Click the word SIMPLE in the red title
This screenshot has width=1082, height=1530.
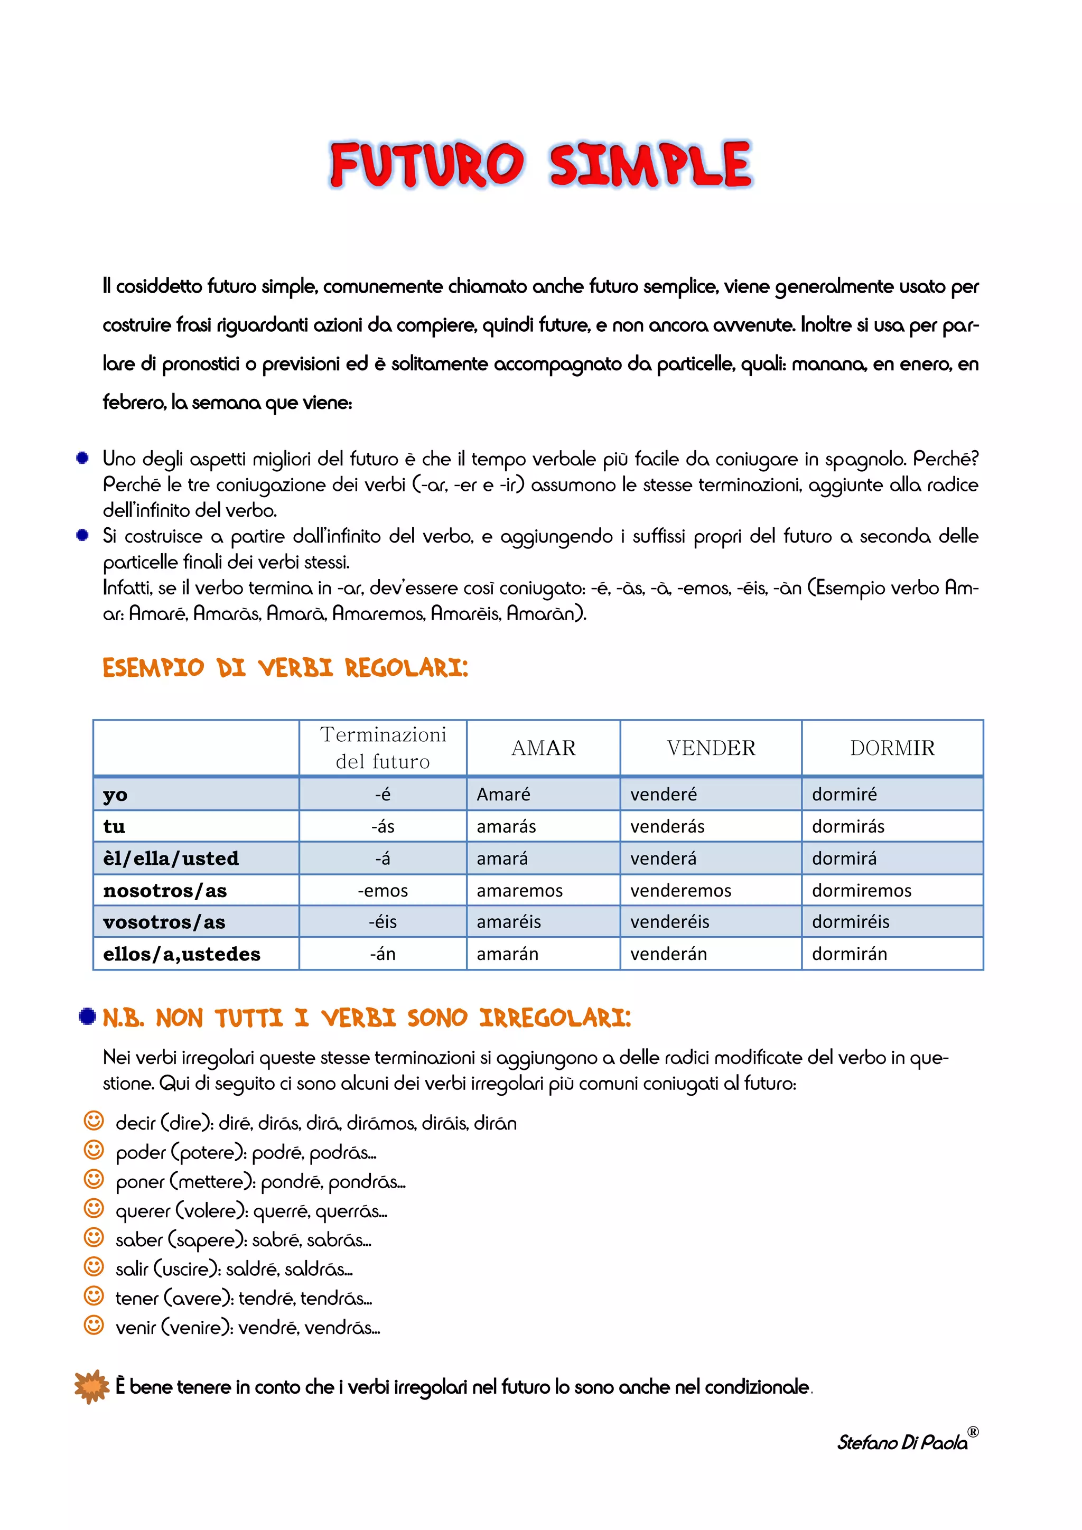coord(650,165)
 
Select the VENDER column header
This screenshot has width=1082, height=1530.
coord(711,748)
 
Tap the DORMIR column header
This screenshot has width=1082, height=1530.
coord(892,748)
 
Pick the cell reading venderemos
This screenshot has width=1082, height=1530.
coord(680,890)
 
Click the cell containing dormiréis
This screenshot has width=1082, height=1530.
coord(850,921)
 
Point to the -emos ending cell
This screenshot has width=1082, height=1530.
coord(383,890)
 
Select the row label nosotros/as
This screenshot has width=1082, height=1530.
coord(164,890)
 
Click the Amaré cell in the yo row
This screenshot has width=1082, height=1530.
coord(503,794)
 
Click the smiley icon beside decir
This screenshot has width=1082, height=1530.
coord(94,1121)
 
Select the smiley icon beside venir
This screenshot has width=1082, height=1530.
coord(94,1326)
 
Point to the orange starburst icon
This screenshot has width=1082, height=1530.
coord(91,1387)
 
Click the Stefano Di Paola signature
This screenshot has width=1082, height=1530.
coord(902,1443)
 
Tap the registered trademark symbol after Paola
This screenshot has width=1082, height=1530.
coord(973,1431)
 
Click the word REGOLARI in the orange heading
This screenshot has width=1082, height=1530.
coord(406,668)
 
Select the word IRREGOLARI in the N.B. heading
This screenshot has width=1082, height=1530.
coord(554,1018)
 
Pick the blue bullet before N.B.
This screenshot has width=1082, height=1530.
coord(87,1016)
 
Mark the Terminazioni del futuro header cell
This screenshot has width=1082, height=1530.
coord(383,748)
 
